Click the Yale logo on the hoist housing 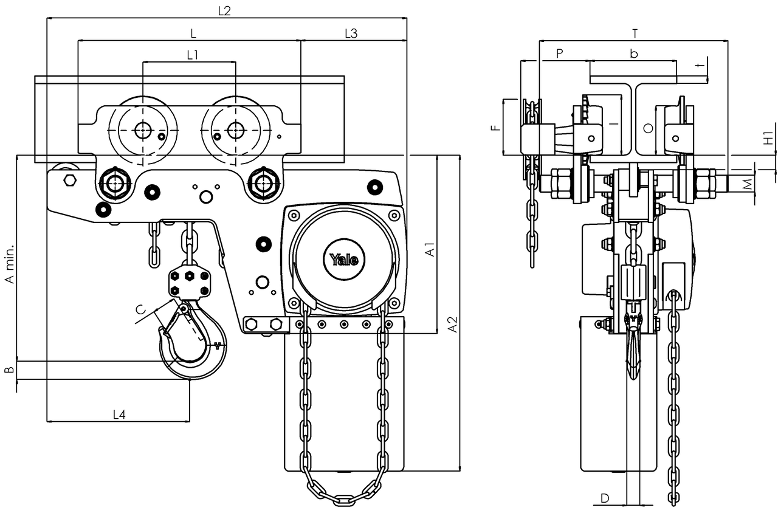pyautogui.click(x=343, y=260)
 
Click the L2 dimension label pyautogui.click(x=224, y=11)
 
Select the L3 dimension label pyautogui.click(x=351, y=33)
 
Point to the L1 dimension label pyautogui.click(x=193, y=55)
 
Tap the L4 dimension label pyautogui.click(x=119, y=414)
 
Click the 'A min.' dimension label pyautogui.click(x=10, y=264)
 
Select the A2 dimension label pyautogui.click(x=453, y=324)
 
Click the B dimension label pyautogui.click(x=10, y=370)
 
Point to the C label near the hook pyautogui.click(x=140, y=309)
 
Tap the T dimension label pyautogui.click(x=635, y=33)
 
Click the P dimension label pyautogui.click(x=560, y=53)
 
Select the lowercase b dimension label pyautogui.click(x=634, y=53)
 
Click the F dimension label pyautogui.click(x=496, y=128)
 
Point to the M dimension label pyautogui.click(x=748, y=184)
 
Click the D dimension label pyautogui.click(x=605, y=498)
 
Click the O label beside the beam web pyautogui.click(x=648, y=128)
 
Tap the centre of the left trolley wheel pyautogui.click(x=142, y=130)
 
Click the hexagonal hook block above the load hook pyautogui.click(x=190, y=281)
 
